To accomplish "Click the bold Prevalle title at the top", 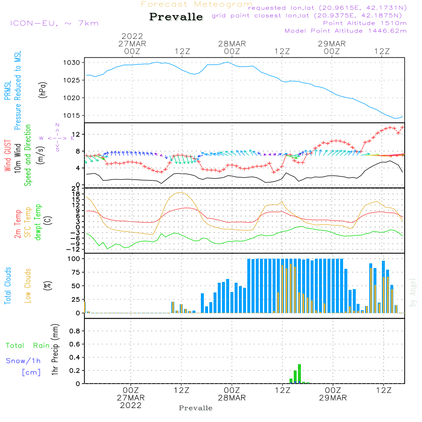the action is [x=176, y=17].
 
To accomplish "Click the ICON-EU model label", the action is [x=34, y=23].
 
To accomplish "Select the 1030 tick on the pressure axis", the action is [x=72, y=63].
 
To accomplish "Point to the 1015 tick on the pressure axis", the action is [x=72, y=116].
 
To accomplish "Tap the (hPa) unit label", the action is [x=43, y=90].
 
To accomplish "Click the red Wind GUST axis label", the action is [x=8, y=155].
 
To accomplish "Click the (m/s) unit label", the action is [x=41, y=155].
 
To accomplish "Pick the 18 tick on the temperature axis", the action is [x=76, y=194].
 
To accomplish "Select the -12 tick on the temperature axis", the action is [x=73, y=249].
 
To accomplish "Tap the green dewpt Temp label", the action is [x=38, y=222].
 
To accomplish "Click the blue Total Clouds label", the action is [x=8, y=286].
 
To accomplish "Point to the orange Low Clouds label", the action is [x=28, y=286].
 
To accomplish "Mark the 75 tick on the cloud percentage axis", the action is [x=76, y=272].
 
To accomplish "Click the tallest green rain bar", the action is [x=299, y=373].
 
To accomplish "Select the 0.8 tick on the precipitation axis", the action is [x=75, y=331].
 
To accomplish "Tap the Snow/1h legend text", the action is [x=23, y=361].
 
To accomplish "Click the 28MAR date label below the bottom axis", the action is [x=232, y=398].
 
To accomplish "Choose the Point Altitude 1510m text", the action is [x=365, y=23].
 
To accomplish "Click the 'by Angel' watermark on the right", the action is [x=413, y=292].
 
